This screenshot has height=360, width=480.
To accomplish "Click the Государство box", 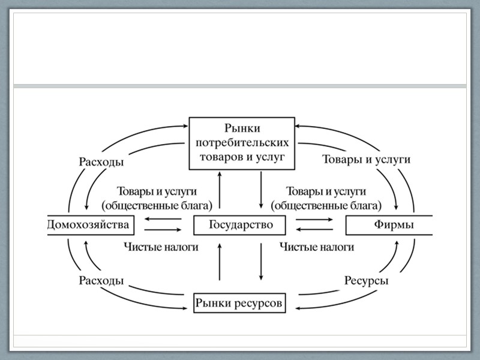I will point(240,225).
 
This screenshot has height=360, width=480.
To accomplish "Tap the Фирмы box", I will point(389,225).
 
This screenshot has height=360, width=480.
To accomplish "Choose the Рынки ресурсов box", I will point(239,303).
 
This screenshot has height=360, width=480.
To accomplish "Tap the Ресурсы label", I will point(366,281).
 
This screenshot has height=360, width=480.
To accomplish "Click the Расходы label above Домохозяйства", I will point(101,161).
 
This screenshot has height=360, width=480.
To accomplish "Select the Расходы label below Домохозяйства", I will point(101,281).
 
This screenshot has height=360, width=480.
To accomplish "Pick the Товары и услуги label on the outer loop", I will point(367,160).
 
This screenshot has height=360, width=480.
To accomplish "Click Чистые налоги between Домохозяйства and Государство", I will point(160,247).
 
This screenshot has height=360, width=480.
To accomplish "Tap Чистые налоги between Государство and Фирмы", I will point(317,247).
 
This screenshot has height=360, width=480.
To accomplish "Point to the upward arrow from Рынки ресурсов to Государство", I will point(220,262).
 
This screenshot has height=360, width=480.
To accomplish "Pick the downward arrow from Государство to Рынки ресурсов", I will point(262,262).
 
